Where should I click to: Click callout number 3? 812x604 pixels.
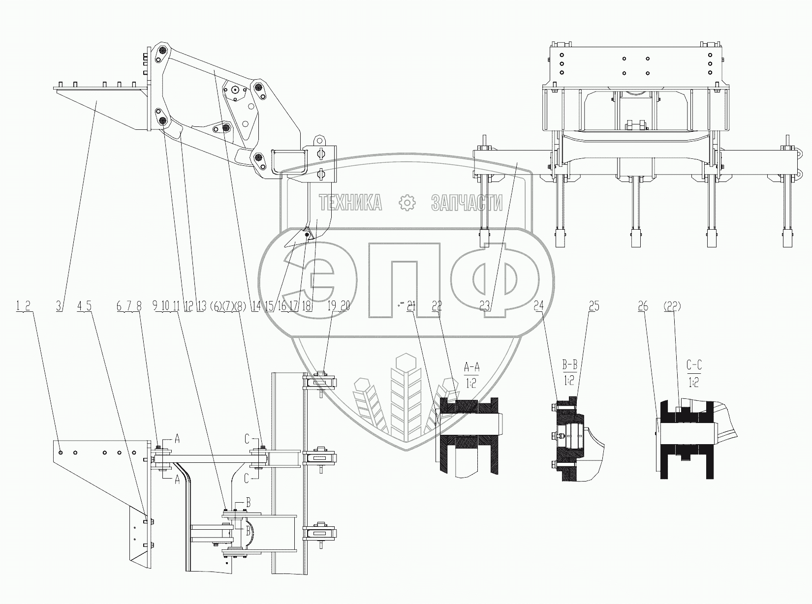coord(59,306)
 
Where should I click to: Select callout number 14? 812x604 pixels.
coord(255,306)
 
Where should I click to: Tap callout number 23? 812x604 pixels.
coord(485,306)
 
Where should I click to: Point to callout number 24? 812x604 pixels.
coord(539,306)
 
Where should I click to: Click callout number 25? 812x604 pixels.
coord(594,306)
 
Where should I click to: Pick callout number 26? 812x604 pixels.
coord(643,306)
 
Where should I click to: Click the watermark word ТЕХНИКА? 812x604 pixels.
coord(350,202)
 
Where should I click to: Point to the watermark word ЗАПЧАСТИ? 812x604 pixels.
coord(467,202)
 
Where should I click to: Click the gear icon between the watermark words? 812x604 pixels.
coord(407,202)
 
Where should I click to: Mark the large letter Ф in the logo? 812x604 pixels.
coord(495,283)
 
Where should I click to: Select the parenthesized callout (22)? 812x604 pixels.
coord(672,306)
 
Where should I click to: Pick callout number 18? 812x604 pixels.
coord(307,306)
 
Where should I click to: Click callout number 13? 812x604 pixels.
coord(201,306)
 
